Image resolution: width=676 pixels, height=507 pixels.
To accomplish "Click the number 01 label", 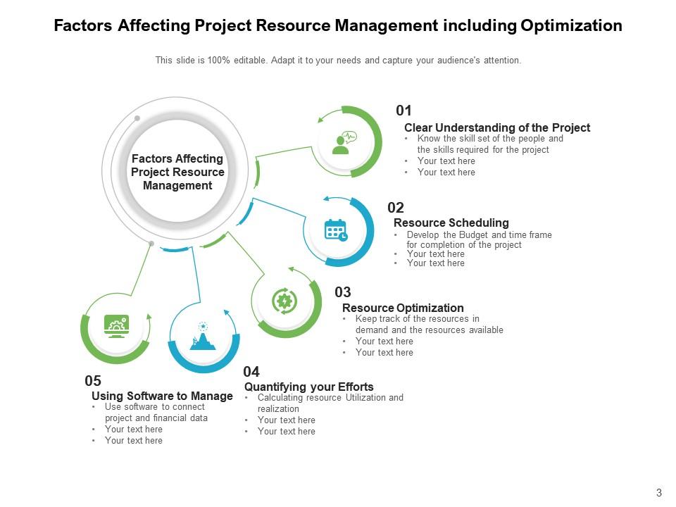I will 403,111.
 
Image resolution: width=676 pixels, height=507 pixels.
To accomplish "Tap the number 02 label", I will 396,208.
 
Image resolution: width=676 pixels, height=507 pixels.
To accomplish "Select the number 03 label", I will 343,292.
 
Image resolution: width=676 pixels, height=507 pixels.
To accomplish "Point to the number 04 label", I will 251,372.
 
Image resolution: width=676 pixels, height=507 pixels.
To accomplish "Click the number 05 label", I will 93,381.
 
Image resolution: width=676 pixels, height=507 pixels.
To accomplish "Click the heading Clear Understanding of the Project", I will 496,127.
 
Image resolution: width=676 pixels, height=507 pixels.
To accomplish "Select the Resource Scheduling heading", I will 451,223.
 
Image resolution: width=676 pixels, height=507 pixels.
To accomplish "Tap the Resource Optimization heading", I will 403,308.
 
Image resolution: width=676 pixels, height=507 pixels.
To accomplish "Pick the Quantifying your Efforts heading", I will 308,387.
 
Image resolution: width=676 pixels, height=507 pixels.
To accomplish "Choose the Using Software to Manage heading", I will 162,396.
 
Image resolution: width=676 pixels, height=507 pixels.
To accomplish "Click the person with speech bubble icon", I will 344,142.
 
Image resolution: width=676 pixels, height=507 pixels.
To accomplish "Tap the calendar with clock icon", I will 335,230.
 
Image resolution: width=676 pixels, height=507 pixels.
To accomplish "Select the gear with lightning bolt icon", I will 284,301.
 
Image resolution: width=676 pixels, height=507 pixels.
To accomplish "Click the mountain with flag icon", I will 203,337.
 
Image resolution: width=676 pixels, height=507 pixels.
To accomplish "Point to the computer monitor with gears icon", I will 115,326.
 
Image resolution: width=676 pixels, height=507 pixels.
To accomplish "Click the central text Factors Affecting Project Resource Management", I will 177,172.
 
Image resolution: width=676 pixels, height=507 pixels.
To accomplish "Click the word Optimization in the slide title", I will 571,26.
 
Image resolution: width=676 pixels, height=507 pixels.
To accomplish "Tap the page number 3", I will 658,492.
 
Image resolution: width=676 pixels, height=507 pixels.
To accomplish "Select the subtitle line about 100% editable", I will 338,61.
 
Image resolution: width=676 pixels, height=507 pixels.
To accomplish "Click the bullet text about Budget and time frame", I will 479,239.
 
